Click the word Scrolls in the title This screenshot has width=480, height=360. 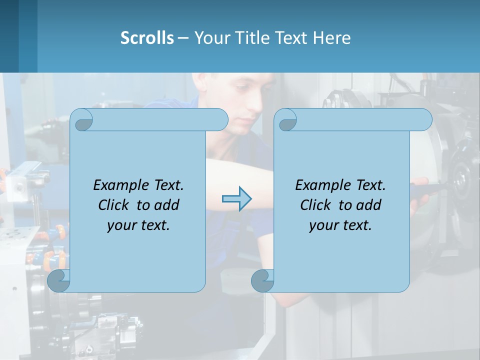[x=147, y=38]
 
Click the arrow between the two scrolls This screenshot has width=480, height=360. [x=236, y=199]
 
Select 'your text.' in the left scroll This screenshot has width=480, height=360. [x=138, y=225]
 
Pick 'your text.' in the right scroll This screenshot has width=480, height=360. [x=340, y=225]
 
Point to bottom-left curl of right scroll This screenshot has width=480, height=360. [x=263, y=281]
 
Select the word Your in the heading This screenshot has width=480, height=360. [x=211, y=38]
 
